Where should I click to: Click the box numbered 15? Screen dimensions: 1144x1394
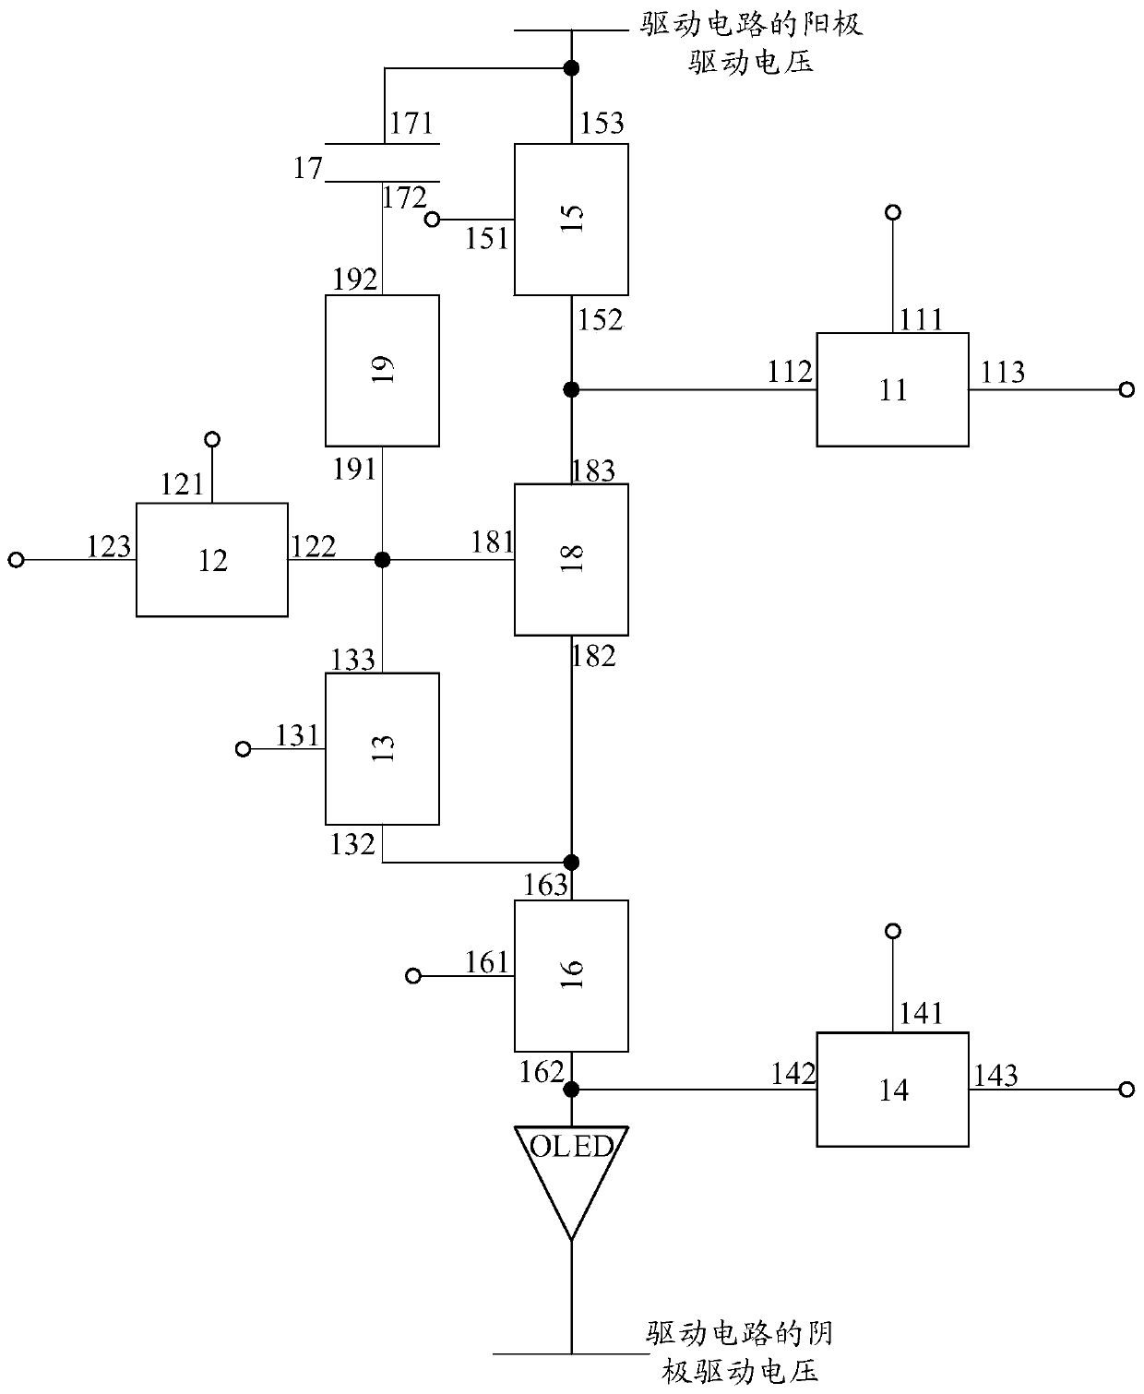point(571,220)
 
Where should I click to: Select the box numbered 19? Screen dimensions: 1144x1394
point(382,371)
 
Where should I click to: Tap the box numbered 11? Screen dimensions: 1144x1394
point(892,389)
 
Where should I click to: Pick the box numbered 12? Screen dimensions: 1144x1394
point(212,560)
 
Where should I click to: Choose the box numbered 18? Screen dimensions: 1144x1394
point(571,560)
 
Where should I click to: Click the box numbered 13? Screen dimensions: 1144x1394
point(382,749)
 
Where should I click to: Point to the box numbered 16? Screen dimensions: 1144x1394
point(571,975)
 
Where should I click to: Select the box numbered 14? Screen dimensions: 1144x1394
point(892,1090)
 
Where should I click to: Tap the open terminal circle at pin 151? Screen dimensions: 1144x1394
point(432,220)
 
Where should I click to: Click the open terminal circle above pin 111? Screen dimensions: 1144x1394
point(893,212)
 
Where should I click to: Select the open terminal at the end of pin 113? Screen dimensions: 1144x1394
point(1126,389)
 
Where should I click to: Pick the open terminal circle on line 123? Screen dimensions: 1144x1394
point(17,560)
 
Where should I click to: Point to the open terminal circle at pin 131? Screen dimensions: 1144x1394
point(244,749)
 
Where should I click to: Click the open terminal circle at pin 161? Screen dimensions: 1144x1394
point(413,975)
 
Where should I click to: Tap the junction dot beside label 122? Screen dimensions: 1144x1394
point(382,560)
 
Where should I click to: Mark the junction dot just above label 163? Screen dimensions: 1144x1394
point(571,862)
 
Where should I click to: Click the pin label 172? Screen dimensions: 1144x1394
point(404,197)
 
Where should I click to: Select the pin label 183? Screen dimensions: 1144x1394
point(593,471)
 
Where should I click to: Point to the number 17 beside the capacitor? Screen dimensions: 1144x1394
point(308,168)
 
